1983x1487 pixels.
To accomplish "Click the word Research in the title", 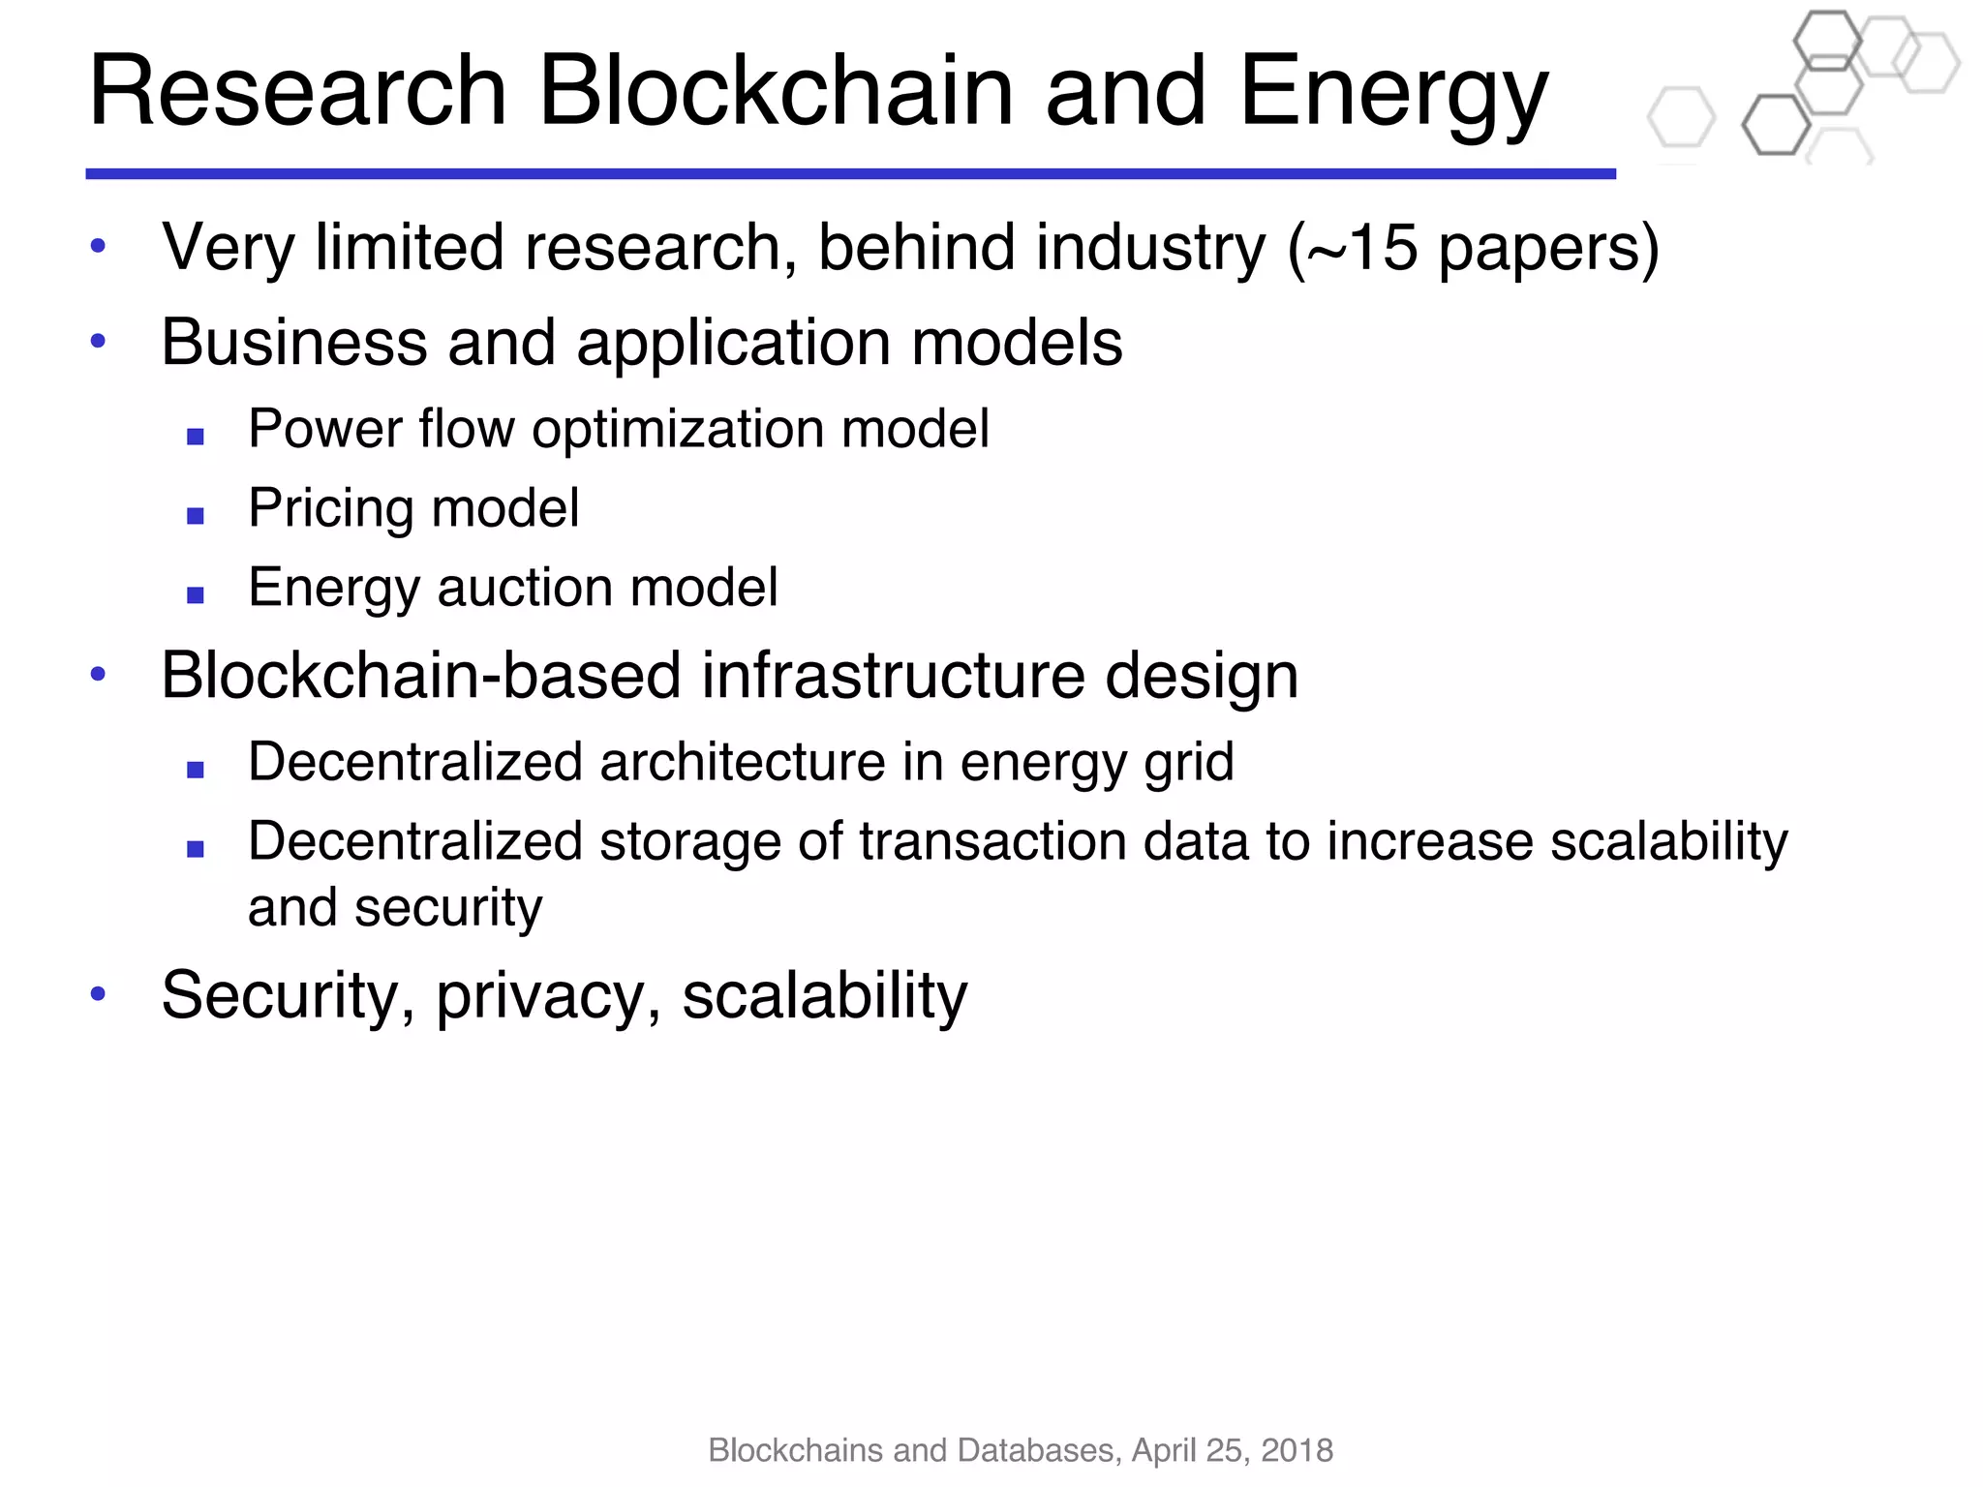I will pyautogui.click(x=297, y=92).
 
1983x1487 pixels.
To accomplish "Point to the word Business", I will pyautogui.click(x=293, y=343).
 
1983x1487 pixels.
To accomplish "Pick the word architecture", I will pyautogui.click(x=742, y=762).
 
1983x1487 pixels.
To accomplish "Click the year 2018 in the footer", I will pyautogui.click(x=1297, y=1450).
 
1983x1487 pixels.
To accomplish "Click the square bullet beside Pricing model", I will pyautogui.click(x=196, y=516).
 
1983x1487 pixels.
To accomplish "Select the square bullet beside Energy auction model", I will pyautogui.click(x=196, y=595).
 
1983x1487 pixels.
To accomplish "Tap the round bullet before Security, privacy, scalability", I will pyautogui.click(x=97, y=992).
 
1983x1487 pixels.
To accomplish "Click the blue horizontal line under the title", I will pyautogui.click(x=850, y=174).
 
